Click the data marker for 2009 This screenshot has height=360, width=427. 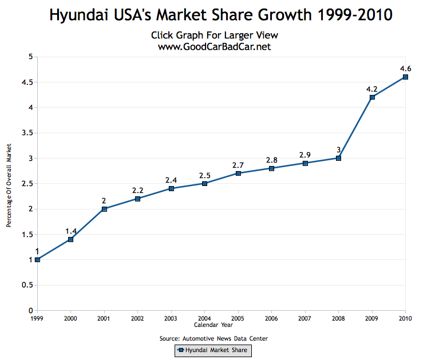(x=372, y=97)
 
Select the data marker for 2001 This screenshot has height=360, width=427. (x=104, y=209)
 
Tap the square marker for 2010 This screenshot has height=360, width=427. (x=405, y=77)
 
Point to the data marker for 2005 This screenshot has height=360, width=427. (x=238, y=173)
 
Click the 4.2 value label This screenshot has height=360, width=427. (x=372, y=89)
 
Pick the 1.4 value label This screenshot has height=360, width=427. (x=70, y=231)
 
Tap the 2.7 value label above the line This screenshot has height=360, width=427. (x=238, y=165)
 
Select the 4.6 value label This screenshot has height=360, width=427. (x=405, y=69)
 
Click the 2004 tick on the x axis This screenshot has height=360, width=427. (x=204, y=318)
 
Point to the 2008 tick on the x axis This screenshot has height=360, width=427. (x=338, y=318)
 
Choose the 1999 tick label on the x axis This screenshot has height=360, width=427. (x=37, y=318)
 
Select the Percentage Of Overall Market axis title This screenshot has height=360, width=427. (x=9, y=183)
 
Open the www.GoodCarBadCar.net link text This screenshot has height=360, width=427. (x=214, y=46)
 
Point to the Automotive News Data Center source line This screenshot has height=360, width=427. (x=214, y=338)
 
